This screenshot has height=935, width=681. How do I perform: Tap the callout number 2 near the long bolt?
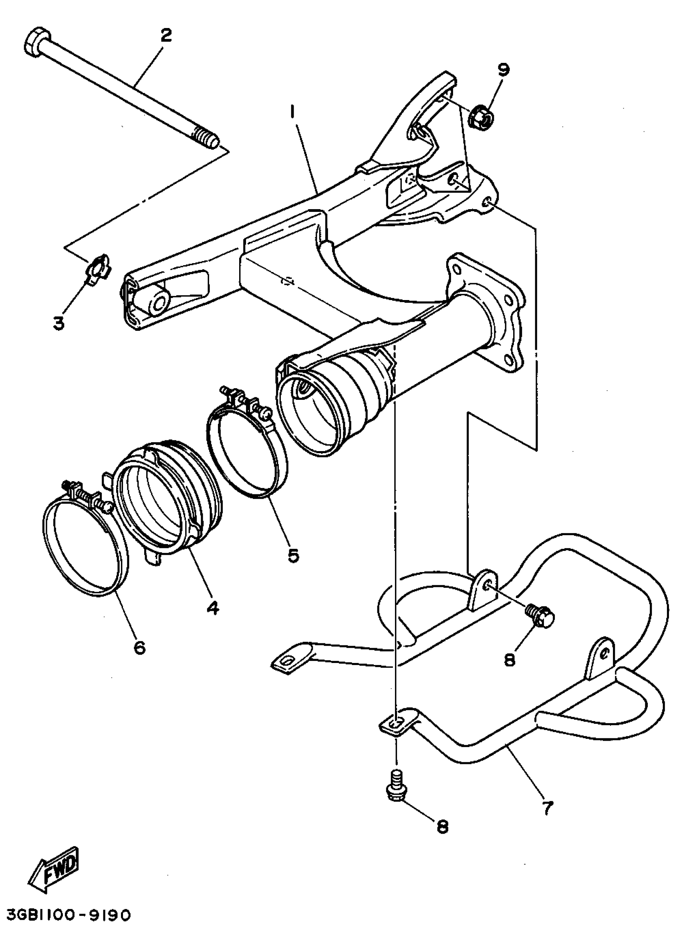coord(166,36)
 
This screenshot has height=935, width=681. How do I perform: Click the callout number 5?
coord(293,556)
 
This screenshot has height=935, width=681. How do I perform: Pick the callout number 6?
coord(140,648)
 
